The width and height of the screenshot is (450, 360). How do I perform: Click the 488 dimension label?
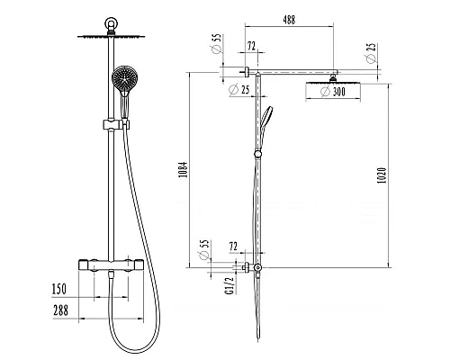coord(289,20)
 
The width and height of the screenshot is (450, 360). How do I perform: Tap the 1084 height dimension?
coord(183,170)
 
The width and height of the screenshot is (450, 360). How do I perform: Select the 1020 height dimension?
coord(382,175)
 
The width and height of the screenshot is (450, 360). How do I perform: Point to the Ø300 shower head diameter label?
coord(333,92)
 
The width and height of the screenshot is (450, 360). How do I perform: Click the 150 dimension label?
coord(59,289)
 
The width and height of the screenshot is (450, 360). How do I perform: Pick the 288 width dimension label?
coord(61,310)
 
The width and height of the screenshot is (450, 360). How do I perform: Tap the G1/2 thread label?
coord(229,285)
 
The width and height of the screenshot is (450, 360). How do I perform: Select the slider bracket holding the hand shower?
coord(116,124)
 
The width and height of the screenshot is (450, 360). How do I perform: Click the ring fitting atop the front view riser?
coord(112,23)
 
